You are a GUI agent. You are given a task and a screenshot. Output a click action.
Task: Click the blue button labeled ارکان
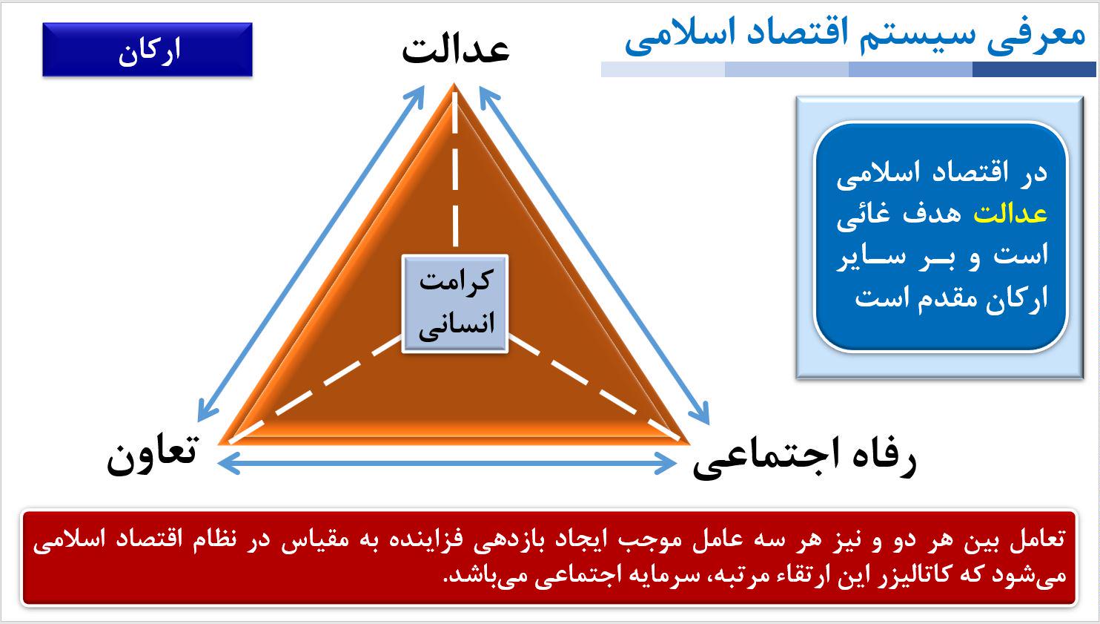[148, 49]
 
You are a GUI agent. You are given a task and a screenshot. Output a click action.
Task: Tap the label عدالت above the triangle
[456, 50]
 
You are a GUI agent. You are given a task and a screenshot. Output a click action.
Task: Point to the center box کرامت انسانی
[454, 303]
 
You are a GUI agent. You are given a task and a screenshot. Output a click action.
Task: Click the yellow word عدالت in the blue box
[1010, 214]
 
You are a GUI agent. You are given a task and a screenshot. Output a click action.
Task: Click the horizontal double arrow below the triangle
[447, 463]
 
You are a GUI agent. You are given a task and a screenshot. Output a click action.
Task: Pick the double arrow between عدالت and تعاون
[311, 253]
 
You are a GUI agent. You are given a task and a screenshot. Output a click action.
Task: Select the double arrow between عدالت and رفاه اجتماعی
[594, 254]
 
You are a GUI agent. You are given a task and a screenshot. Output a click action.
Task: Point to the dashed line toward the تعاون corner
[315, 389]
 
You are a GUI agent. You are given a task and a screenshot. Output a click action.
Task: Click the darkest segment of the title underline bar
[1034, 69]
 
